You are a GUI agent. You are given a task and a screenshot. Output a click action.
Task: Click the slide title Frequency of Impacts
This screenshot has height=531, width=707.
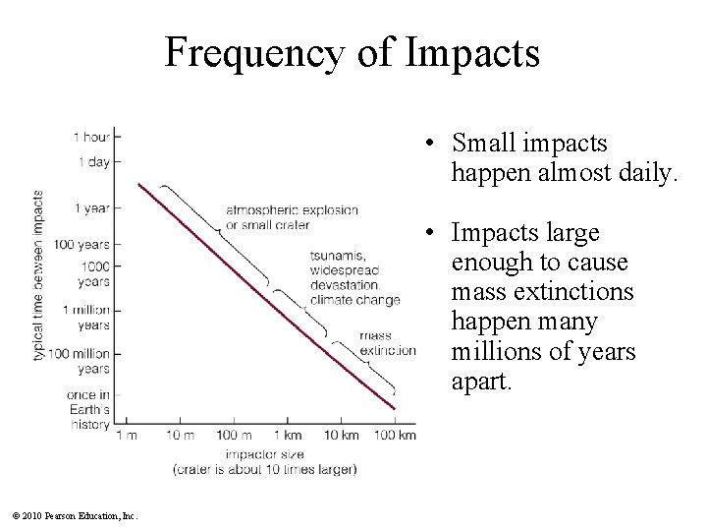point(353,51)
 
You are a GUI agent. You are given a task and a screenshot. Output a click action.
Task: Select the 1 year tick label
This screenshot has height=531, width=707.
point(91,207)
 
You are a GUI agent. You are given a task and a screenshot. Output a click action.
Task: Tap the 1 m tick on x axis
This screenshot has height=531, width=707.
point(127,435)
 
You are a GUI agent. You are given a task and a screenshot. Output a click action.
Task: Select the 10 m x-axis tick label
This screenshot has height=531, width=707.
point(180,435)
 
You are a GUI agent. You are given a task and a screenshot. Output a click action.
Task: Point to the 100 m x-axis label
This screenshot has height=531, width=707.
point(234,435)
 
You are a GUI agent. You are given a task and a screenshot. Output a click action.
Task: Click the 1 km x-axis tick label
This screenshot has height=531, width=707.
point(287,435)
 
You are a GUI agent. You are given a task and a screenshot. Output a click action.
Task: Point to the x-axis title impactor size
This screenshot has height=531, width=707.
point(264,455)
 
